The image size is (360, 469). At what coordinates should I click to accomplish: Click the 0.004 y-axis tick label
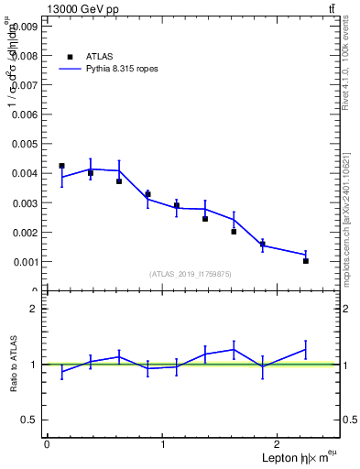coord(25,173)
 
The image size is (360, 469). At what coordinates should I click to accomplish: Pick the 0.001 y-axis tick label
coord(25,262)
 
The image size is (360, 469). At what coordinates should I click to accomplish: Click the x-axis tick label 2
coord(280,444)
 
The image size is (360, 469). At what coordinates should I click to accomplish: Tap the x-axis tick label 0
coord(47,444)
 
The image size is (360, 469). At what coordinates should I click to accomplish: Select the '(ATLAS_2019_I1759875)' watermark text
coord(191,273)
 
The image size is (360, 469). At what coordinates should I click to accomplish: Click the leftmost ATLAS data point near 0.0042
coord(61,166)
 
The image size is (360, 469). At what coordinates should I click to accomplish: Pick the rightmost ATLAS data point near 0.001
coord(306,261)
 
